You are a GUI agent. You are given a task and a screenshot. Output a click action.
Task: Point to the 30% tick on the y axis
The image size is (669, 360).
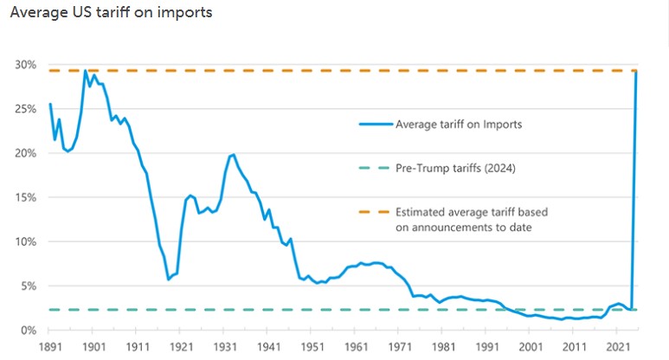tap(25, 65)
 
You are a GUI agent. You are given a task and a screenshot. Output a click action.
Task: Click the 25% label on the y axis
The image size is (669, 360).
tap(25, 109)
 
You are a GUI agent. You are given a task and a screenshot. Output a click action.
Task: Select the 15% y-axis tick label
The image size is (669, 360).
tap(25, 197)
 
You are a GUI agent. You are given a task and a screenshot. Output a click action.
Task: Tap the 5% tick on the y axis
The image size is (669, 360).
tap(28, 286)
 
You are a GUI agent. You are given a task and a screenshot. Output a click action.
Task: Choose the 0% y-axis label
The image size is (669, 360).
tap(28, 330)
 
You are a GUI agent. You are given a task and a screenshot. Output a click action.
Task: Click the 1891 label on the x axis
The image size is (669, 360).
tap(50, 346)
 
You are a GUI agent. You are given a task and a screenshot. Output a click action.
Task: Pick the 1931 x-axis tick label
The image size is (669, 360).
tap(223, 346)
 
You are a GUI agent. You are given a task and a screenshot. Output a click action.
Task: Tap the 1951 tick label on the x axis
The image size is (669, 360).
tap(311, 346)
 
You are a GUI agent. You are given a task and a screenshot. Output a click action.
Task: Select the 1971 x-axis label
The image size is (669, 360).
tap(398, 346)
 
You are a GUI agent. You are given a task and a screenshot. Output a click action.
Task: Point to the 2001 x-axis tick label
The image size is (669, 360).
tap(529, 346)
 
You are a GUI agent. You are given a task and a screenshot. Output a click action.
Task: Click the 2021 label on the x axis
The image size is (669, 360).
tap(616, 346)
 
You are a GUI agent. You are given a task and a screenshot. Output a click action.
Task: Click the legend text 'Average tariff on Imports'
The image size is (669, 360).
tap(458, 124)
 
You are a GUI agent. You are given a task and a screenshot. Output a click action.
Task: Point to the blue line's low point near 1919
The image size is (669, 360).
tap(168, 280)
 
